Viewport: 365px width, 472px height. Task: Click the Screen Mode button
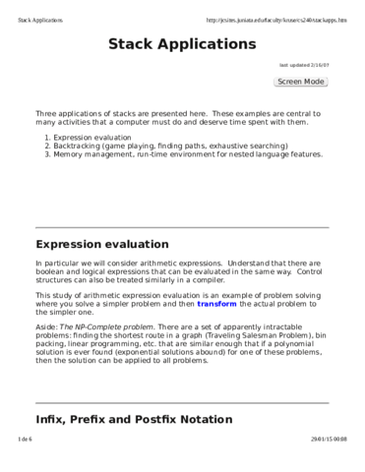(x=300, y=82)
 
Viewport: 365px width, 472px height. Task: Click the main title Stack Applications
(x=182, y=45)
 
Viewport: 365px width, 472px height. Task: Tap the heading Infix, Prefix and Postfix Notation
(x=134, y=420)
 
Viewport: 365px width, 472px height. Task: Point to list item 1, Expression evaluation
(x=95, y=138)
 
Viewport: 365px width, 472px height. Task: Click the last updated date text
(x=304, y=65)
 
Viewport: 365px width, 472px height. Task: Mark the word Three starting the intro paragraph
(x=46, y=114)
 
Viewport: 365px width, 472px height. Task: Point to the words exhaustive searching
(x=249, y=146)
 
